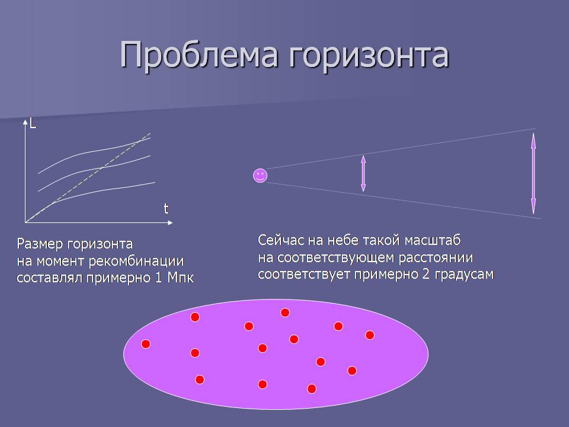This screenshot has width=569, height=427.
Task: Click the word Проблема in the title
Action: pos(199,55)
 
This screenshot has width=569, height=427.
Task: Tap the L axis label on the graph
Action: pos(33,124)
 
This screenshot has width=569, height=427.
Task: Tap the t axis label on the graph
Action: pos(166,208)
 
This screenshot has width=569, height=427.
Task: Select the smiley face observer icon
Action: pos(260,176)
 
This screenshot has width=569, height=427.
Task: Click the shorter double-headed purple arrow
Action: pos(363,173)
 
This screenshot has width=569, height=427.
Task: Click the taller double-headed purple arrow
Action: pos(533,174)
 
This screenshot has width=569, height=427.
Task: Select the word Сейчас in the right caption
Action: pos(280,240)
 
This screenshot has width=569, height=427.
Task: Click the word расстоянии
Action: pos(436,257)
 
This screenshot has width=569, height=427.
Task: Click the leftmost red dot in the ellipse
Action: pos(146,344)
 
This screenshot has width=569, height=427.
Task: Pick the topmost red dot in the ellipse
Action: pos(285,313)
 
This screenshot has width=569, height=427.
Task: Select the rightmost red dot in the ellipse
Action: pos(369,334)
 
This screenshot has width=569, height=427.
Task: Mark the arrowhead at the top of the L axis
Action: pos(25,122)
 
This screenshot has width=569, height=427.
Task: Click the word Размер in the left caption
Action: pos(40,244)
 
